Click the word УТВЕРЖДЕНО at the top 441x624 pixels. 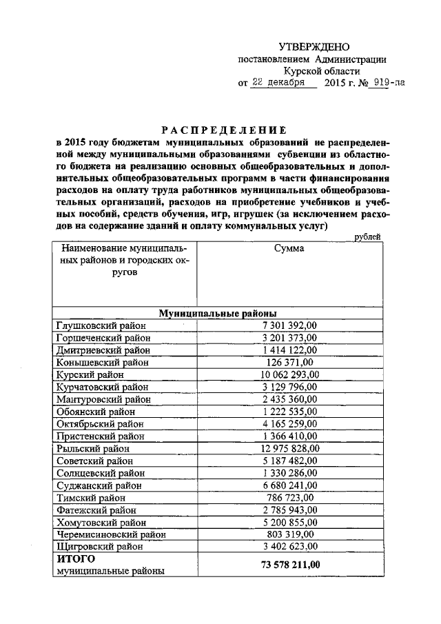pos(314,47)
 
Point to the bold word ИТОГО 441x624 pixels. pos(75,559)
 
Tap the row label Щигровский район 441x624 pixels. pos(99,547)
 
